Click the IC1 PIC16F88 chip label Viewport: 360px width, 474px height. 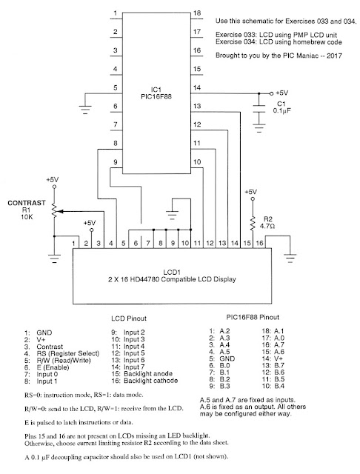156,93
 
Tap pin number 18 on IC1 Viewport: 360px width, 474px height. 197,13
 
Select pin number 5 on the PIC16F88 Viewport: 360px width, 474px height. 115,87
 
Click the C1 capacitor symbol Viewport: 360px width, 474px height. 259,109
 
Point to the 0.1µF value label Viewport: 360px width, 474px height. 281,110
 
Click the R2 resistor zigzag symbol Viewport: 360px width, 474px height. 253,224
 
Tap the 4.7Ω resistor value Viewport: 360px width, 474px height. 267,226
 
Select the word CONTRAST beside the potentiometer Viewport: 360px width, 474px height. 27,203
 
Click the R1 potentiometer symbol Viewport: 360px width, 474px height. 54,211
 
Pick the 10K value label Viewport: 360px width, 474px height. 27,217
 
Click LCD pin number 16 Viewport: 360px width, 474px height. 259,243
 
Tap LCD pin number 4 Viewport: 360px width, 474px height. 111,243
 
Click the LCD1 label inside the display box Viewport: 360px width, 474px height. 172,272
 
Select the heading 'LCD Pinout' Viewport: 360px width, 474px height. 129,318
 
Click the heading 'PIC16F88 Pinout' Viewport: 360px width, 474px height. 253,317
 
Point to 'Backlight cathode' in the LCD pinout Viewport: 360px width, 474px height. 150,381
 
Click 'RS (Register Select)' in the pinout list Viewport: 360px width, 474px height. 67,353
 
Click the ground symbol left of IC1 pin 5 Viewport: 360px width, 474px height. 85,110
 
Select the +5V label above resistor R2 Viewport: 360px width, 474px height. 250,192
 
